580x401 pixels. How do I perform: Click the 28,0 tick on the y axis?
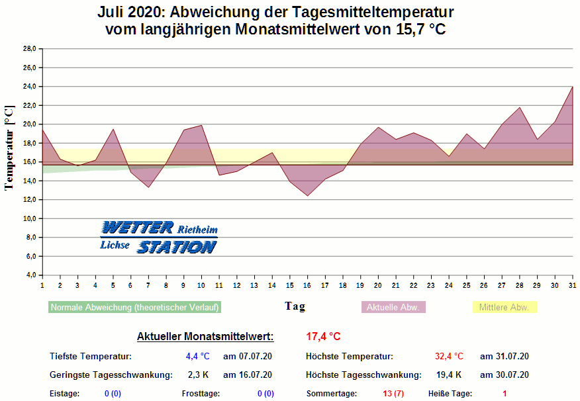pos(29,49)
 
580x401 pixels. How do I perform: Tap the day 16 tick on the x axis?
pos(307,285)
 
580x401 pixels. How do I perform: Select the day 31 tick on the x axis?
pos(572,285)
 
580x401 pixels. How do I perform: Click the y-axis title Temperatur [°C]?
pos(9,148)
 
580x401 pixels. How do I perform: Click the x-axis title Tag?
pos(295,306)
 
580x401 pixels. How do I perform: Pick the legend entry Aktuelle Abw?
pos(393,308)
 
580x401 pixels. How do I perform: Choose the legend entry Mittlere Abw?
pos(504,308)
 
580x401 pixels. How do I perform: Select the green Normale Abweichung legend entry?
pos(134,308)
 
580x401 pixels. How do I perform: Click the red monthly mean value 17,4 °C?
pos(323,336)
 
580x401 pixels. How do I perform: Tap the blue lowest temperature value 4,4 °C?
pos(197,357)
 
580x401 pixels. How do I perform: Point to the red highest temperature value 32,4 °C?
pos(449,357)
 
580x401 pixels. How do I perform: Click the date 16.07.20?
pos(248,375)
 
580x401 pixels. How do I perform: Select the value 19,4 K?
pos(448,375)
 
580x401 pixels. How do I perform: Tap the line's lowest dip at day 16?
pos(307,195)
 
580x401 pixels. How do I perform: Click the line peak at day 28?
pos(519,107)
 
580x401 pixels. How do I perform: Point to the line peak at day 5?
pos(113,129)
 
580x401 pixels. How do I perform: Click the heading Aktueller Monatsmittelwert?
pos(205,336)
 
